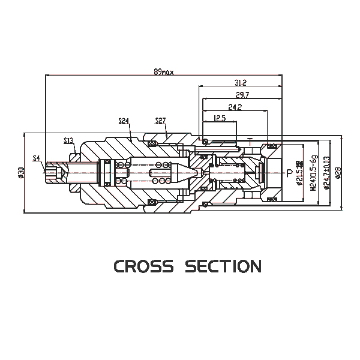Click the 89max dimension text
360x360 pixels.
coord(163,71)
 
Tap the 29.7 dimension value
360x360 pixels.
coord(242,95)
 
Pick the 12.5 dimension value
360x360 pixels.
coord(220,119)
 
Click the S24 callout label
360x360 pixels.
coord(124,121)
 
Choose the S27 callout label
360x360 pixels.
coord(160,121)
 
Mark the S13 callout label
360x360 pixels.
coord(68,140)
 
